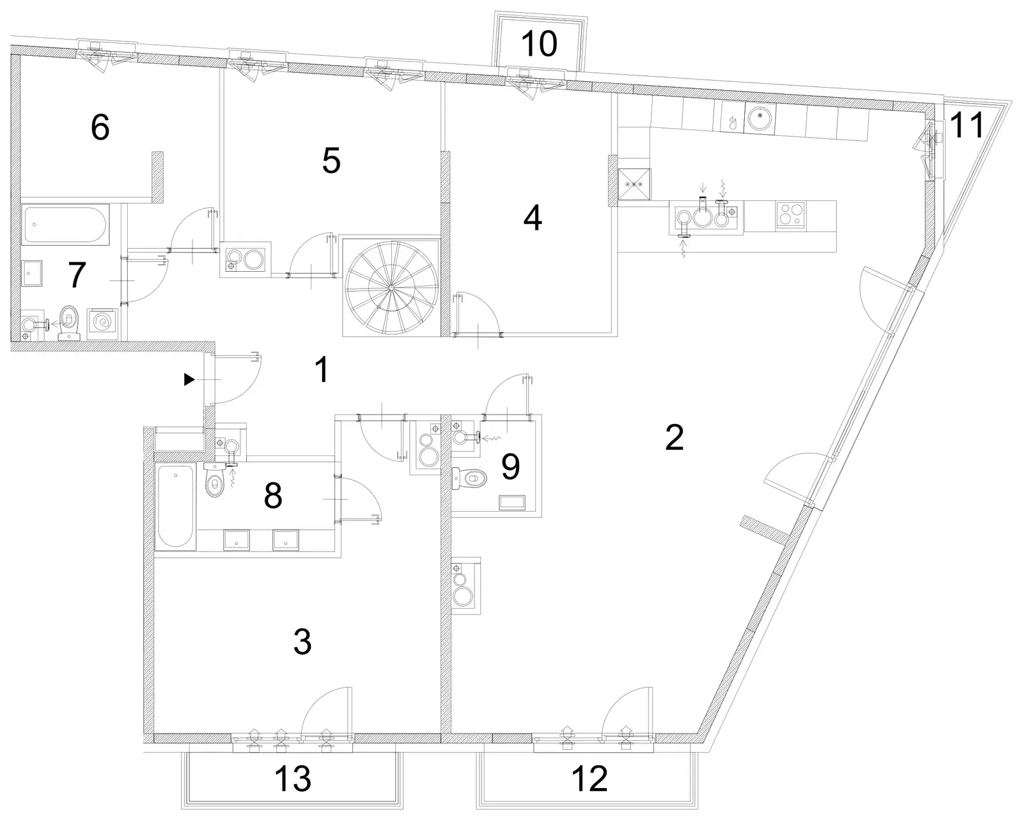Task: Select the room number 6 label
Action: point(100,127)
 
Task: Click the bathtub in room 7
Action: point(66,225)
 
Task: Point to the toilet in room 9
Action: point(470,478)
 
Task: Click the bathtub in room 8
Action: point(175,506)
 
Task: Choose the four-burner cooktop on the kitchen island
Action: point(790,216)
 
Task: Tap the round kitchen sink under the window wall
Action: point(761,116)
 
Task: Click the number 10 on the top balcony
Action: point(540,43)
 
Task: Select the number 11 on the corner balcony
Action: point(967,125)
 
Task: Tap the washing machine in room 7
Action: point(102,324)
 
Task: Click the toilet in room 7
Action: point(70,322)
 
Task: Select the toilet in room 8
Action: point(215,480)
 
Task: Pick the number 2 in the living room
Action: point(675,437)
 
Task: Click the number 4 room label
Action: point(533,218)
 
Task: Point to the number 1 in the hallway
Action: point(322,370)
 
